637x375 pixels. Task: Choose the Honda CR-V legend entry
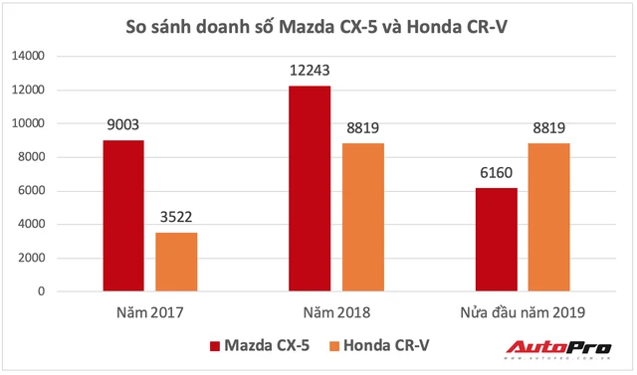pyautogui.click(x=379, y=346)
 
